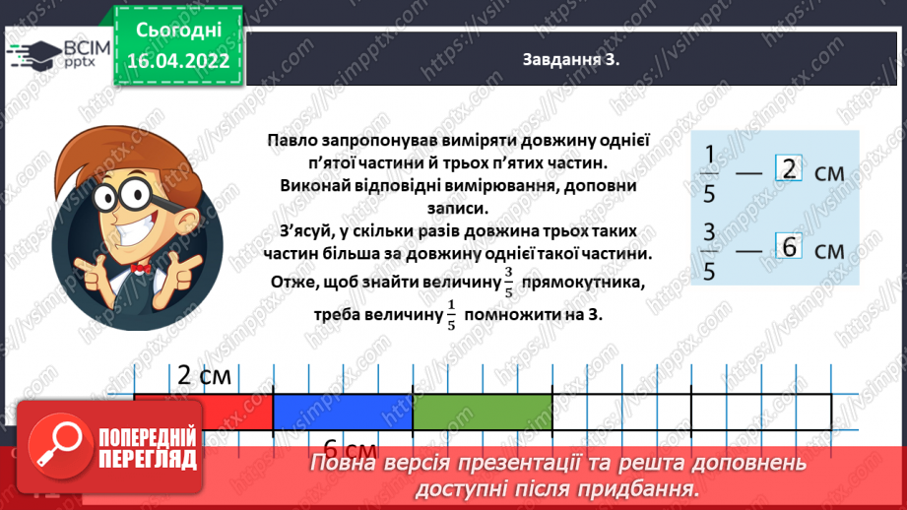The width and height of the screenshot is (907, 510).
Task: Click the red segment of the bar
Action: pos(203,413)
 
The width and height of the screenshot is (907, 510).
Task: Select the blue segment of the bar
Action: pos(342,413)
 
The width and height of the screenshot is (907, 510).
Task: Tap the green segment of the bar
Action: pos(482,413)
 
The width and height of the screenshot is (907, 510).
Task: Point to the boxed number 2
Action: pos(789,169)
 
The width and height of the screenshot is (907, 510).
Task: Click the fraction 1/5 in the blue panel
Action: pos(709,172)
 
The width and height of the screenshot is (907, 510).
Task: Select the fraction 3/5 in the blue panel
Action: pos(709,251)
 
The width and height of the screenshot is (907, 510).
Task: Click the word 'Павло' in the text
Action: pos(293,141)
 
